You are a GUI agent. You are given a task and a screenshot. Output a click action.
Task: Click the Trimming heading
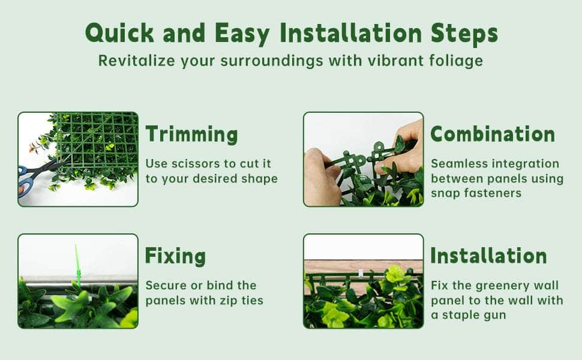tap(191, 134)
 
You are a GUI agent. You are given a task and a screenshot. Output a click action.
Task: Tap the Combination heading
tap(493, 134)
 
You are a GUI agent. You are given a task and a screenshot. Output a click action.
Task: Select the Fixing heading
tap(175, 256)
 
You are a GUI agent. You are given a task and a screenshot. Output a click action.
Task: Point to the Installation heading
tap(488, 256)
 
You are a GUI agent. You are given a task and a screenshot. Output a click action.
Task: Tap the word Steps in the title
tap(464, 34)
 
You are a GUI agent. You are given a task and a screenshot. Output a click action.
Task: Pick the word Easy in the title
tap(242, 34)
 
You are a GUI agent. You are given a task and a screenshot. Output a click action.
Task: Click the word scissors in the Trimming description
tap(194, 164)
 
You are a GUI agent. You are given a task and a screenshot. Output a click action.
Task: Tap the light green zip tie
tap(77, 265)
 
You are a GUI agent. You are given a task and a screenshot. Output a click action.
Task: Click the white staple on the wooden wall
tap(361, 273)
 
